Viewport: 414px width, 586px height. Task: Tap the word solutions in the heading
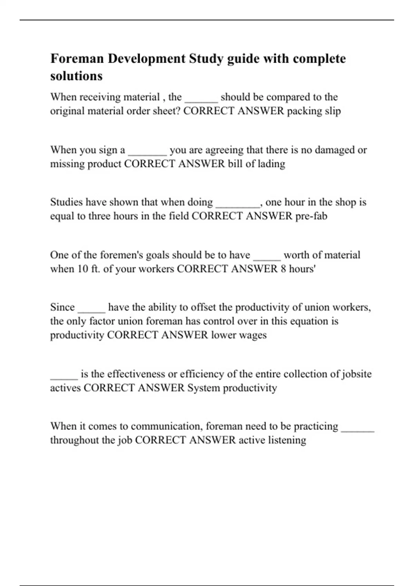[76, 76]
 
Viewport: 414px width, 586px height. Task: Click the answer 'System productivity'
[232, 388]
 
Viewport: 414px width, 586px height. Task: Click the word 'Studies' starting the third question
[66, 202]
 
